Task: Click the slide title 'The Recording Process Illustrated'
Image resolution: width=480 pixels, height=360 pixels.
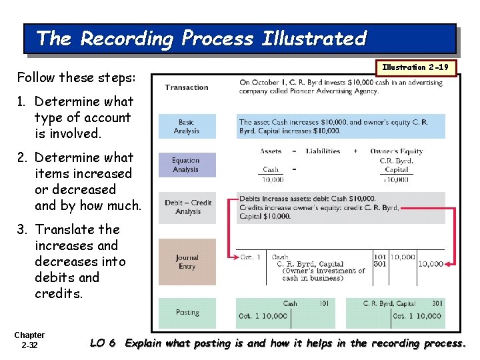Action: click(201, 38)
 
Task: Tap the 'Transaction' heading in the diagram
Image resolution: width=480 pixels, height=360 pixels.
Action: click(187, 87)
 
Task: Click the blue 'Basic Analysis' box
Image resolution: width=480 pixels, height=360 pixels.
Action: click(187, 127)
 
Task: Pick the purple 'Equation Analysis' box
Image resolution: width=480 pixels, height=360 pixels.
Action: click(187, 165)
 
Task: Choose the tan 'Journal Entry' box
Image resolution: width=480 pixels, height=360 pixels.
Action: click(187, 262)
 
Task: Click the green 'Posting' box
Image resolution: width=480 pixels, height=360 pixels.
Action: click(187, 312)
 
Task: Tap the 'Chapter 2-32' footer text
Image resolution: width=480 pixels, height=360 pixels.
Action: click(29, 340)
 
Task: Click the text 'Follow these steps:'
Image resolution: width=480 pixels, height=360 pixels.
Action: click(76, 77)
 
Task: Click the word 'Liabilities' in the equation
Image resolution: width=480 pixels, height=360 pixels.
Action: click(323, 151)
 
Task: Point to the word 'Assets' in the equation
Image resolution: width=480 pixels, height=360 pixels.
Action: click(271, 151)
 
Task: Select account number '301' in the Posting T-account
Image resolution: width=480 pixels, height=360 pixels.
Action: click(437, 303)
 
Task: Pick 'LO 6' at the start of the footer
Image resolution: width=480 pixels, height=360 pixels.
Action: click(103, 343)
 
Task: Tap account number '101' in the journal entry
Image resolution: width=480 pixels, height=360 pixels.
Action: click(379, 255)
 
